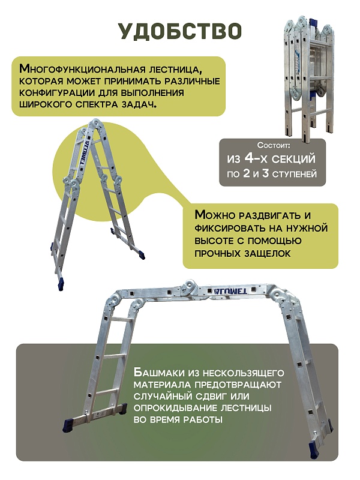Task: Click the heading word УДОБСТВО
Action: (x=179, y=31)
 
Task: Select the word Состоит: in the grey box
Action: (x=273, y=146)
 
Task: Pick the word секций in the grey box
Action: (x=294, y=161)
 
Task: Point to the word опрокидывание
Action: (x=172, y=408)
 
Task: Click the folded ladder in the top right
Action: (x=307, y=72)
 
